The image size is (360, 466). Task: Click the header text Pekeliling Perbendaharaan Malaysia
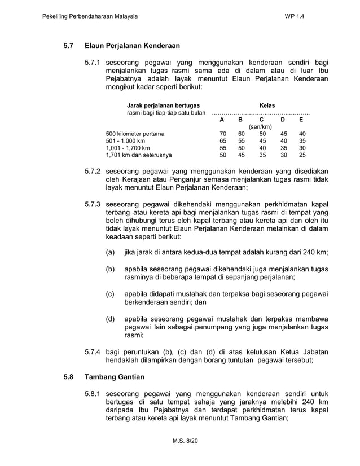coord(90,16)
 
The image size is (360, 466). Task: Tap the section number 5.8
coord(69,376)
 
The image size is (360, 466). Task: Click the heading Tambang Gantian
coord(115,376)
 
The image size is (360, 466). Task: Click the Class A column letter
coord(223,120)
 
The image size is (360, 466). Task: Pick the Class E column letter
coord(302,120)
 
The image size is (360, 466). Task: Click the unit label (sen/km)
coord(262,127)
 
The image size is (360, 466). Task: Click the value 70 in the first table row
coord(223,134)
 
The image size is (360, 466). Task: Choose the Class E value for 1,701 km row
coord(302,155)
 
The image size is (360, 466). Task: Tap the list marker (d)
coord(111,320)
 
